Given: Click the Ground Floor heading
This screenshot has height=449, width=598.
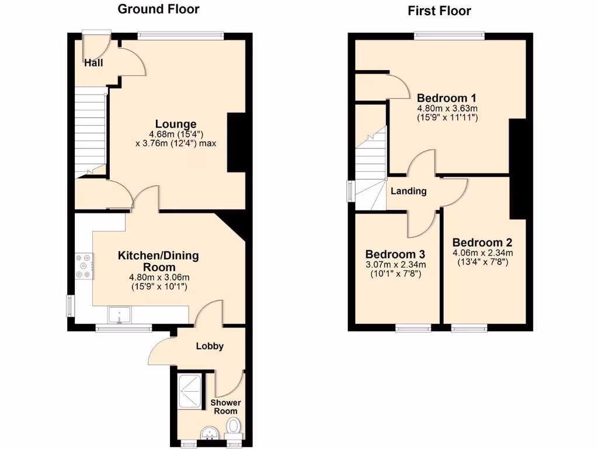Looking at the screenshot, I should tap(158, 9).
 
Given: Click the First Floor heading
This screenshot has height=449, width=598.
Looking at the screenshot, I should tap(439, 11).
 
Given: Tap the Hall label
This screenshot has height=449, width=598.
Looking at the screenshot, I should tap(93, 63).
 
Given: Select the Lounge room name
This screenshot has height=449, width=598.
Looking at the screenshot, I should tap(175, 124).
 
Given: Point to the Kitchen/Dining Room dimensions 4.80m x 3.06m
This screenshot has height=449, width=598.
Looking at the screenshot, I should tap(159, 277).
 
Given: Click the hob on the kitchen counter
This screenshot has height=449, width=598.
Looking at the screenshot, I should tap(83, 265).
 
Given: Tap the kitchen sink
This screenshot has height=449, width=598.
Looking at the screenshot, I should tap(120, 315).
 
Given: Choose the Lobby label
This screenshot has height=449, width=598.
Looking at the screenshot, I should tap(209, 346).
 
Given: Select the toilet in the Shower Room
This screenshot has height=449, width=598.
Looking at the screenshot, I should tap(234, 426).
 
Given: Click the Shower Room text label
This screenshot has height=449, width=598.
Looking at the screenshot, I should tap(225, 407).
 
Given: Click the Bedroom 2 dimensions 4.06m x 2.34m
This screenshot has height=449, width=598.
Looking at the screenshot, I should tap(482, 253).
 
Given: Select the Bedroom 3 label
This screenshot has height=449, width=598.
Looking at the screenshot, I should tap(395, 254).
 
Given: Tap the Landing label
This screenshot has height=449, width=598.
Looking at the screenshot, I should tap(408, 191).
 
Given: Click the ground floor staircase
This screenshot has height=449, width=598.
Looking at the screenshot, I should tap(89, 132).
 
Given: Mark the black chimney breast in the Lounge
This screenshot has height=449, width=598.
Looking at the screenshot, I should tap(236, 142).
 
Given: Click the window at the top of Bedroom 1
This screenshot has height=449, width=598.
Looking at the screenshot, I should tap(449, 36).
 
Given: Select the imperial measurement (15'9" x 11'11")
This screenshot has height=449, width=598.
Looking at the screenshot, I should tap(447, 118).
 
